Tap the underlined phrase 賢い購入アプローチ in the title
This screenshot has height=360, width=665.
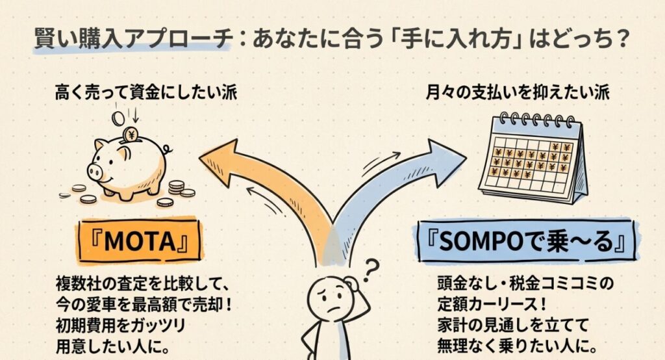(132, 40)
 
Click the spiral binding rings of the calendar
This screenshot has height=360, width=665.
(533, 121)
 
